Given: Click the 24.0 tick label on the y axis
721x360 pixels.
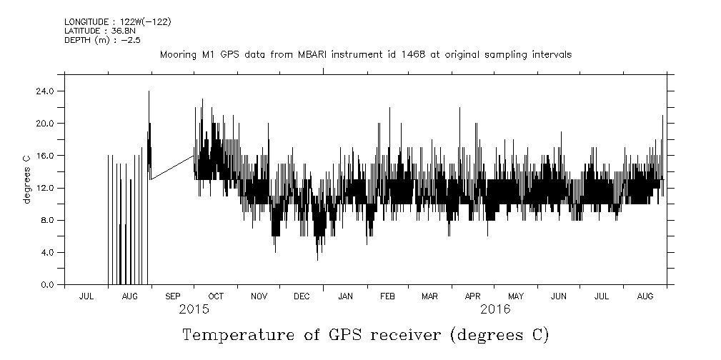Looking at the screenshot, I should click(x=45, y=91).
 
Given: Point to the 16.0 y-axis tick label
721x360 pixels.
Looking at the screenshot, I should click(x=45, y=155).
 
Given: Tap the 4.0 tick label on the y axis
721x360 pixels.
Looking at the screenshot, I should click(x=47, y=252).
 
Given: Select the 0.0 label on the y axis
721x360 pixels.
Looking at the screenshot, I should click(x=47, y=284).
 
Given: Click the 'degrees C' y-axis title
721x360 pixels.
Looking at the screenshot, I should click(x=26, y=179).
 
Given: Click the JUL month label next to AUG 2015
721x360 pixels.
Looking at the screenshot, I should click(x=86, y=296).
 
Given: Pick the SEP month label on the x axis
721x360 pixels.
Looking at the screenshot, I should click(x=172, y=296).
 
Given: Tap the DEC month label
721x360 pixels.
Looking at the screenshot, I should click(x=301, y=296).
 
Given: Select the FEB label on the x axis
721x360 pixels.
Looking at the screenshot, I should click(x=387, y=296).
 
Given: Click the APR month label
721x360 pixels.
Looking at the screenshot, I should click(x=472, y=296).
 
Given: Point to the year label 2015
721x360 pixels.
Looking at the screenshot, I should click(x=194, y=309).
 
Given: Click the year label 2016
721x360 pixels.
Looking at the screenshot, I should click(x=495, y=309).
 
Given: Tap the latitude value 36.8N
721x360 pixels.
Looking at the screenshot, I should click(x=121, y=31).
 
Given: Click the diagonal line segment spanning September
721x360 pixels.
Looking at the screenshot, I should click(x=172, y=167).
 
